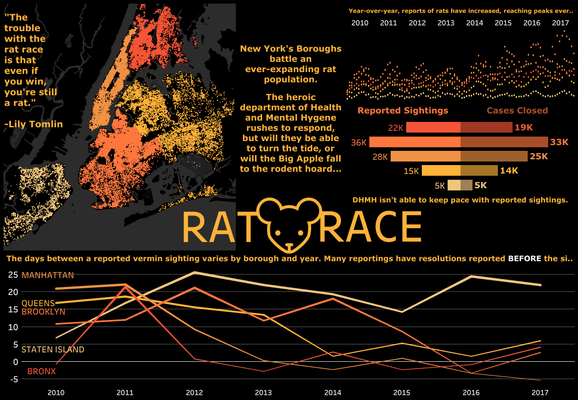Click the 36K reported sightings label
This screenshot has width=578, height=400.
(359, 142)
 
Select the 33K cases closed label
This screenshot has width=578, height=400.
(559, 142)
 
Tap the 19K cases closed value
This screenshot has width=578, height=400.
(524, 128)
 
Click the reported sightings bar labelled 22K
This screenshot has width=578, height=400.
(433, 128)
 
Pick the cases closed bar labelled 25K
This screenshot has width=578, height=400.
(494, 157)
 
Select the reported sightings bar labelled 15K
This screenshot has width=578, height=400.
(441, 171)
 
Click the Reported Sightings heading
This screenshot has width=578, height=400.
(403, 111)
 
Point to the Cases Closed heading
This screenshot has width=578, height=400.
(517, 111)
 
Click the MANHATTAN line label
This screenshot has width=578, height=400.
(48, 275)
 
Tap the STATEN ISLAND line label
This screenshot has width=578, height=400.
(53, 350)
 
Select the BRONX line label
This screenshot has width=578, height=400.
(42, 372)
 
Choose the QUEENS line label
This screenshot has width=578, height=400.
(38, 303)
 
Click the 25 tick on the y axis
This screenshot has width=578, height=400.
(13, 275)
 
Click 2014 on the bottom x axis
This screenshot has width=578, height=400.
(333, 393)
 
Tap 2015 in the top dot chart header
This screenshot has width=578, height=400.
(503, 23)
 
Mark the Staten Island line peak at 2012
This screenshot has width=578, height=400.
(194, 272)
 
